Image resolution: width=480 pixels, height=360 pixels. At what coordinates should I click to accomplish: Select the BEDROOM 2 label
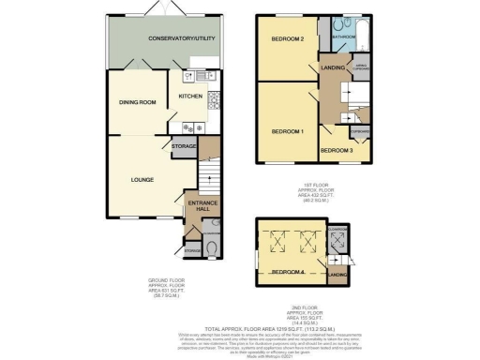click(288, 39)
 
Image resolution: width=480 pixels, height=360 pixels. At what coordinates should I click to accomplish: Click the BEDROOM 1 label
click(287, 131)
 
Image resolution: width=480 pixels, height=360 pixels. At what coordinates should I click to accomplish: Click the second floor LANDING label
click(338, 274)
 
